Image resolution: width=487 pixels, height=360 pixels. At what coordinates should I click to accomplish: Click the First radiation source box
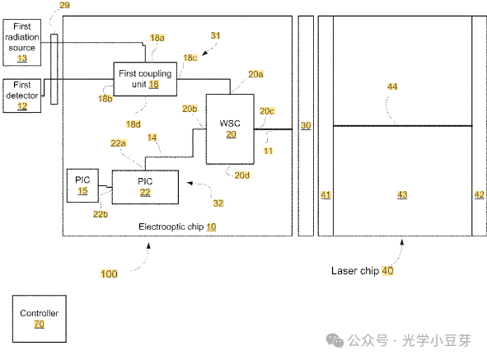coord(21,43)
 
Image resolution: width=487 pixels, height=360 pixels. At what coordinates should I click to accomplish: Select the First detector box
coord(21,96)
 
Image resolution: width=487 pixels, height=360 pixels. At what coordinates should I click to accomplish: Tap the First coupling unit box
coord(145,79)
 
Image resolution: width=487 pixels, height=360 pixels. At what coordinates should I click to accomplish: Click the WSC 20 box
coord(230,129)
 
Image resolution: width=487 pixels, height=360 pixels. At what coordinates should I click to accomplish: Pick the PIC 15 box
coord(82,185)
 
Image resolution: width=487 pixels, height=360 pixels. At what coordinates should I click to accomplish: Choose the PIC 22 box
coord(145,187)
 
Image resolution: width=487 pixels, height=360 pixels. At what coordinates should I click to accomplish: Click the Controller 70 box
coord(39,319)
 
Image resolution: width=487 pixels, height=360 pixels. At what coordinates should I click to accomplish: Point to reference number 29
coord(64,5)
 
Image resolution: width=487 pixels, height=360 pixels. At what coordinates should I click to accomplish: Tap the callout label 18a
coord(157,38)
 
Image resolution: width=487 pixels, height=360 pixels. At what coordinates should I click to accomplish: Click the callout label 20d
coord(242,175)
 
